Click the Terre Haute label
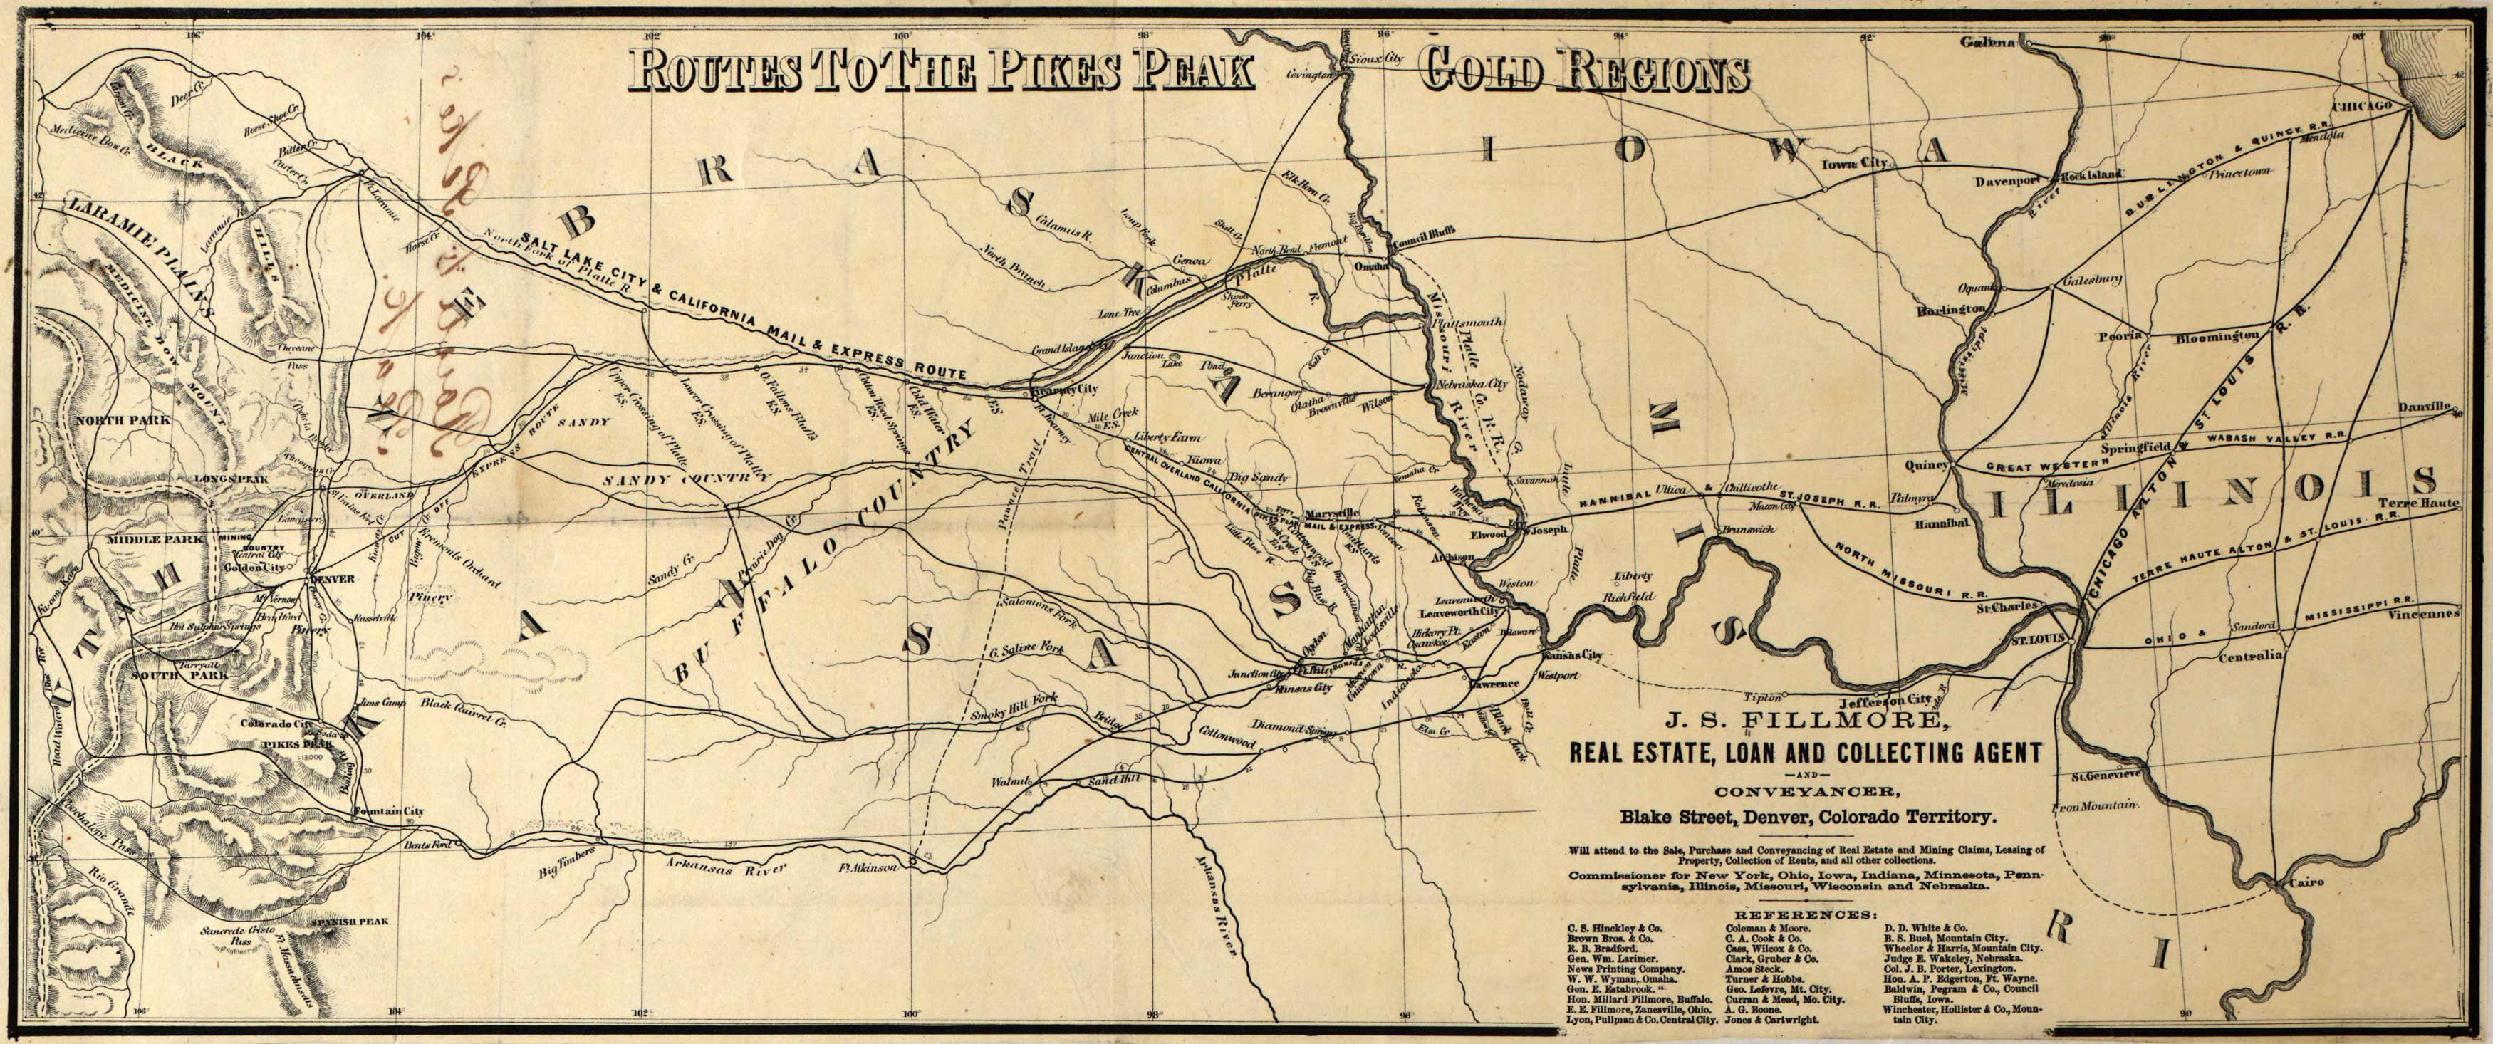click(2455, 504)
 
